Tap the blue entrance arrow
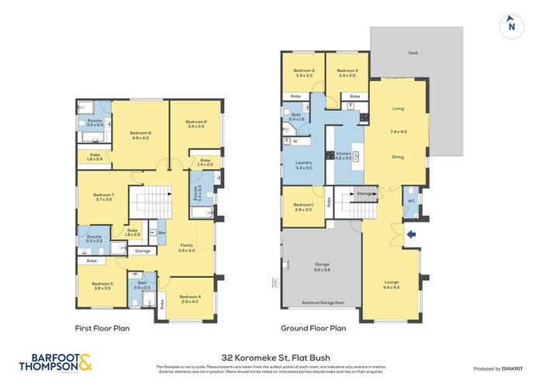[411, 233]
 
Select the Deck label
[413, 54]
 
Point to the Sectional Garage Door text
[321, 302]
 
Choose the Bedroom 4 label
[189, 297]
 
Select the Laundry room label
[303, 163]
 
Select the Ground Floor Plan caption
[317, 328]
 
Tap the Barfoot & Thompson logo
[51, 363]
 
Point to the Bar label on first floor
[161, 232]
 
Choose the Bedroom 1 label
[303, 205]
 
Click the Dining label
[397, 157]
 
